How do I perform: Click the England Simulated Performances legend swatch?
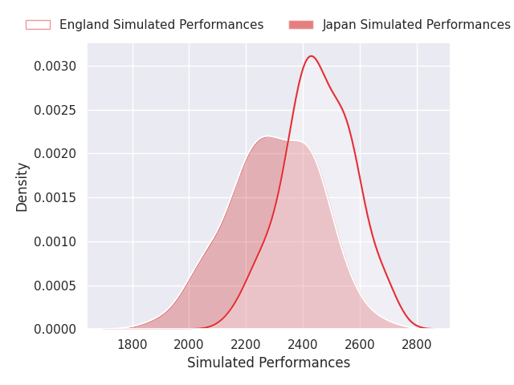click(x=38, y=25)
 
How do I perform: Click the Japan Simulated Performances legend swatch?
click(x=301, y=25)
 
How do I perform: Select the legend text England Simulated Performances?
click(x=161, y=25)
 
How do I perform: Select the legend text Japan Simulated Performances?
click(x=416, y=25)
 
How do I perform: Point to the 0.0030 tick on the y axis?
click(x=55, y=66)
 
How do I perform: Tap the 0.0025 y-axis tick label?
click(x=55, y=111)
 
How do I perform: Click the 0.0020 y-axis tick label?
click(x=55, y=153)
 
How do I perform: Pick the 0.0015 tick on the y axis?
click(x=55, y=198)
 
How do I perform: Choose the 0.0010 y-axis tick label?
click(x=55, y=242)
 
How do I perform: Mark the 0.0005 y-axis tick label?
click(x=55, y=286)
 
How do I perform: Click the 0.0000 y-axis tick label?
click(x=55, y=330)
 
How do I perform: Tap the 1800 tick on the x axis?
click(x=132, y=345)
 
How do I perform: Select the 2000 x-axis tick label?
click(x=189, y=345)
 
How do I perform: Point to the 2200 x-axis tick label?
click(x=246, y=345)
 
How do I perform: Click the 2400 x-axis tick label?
click(x=303, y=345)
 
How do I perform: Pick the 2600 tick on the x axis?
click(x=360, y=345)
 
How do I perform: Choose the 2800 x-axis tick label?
click(x=417, y=345)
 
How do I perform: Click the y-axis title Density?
click(x=22, y=187)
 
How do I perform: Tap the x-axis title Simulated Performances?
click(x=268, y=363)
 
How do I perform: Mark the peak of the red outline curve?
click(x=311, y=56)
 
